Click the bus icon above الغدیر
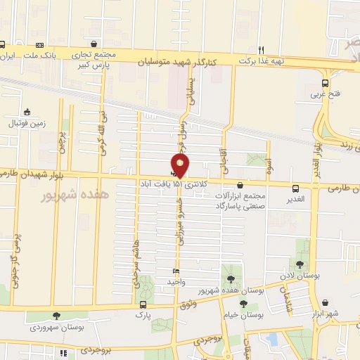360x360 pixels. tap(295, 188)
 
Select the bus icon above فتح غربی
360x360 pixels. tap(324, 82)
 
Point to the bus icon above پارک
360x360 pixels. tap(143, 304)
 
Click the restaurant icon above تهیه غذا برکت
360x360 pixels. tap(261, 49)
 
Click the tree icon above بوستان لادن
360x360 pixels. tap(300, 264)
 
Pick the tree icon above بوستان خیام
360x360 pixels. tap(243, 304)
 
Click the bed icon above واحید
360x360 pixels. tap(176, 271)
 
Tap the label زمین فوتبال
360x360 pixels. tap(26, 123)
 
